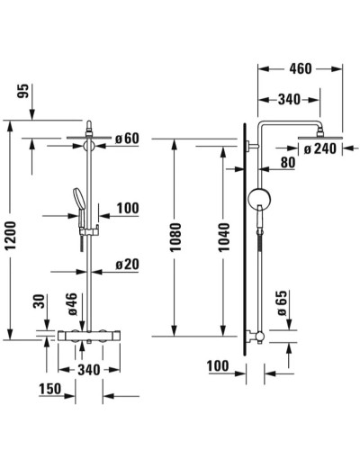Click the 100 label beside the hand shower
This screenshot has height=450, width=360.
128,209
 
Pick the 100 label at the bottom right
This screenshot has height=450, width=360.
218,366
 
